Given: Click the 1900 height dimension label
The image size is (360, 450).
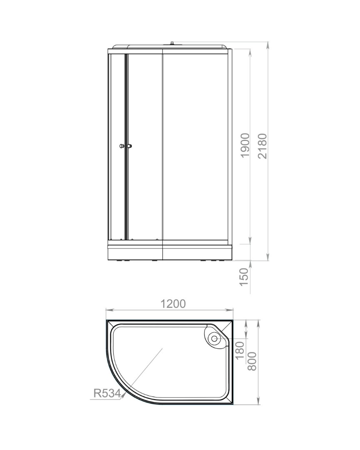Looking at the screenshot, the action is coord(245,145).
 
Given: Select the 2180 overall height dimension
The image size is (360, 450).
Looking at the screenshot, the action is coord(262,146).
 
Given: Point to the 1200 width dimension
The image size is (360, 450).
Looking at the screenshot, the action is coord(173,303).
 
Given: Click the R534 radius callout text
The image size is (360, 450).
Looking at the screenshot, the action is coord(107,393).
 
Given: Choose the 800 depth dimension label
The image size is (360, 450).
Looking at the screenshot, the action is coord(252,361).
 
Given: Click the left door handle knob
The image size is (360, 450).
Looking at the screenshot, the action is coord(122,146).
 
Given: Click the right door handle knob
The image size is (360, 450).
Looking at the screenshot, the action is coord(130,146).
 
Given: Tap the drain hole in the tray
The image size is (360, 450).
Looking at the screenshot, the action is coord(214,338).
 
